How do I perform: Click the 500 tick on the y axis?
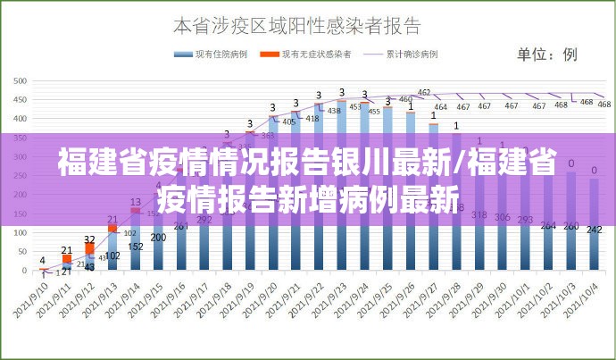pos(19,80)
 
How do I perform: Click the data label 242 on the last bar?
pos(594,230)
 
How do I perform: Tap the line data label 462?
pos(424,92)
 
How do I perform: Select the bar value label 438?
pos(334,111)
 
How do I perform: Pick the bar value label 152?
pos(136,247)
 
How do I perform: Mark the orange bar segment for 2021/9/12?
pos(89,247)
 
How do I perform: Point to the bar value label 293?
pos(526,219)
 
